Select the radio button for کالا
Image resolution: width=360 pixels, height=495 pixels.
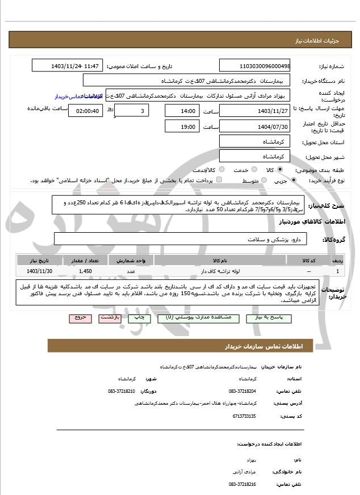coord(280,170)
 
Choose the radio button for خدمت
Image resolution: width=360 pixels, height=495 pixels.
coord(238,170)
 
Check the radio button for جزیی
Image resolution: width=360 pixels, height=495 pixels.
coord(294,181)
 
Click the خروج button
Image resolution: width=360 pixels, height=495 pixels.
coord(80,318)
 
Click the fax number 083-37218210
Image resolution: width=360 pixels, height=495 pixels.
coord(122,391)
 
